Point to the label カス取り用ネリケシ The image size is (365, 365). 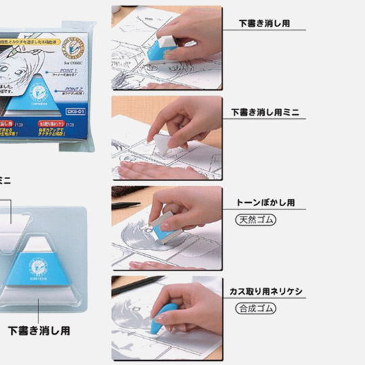[266, 293]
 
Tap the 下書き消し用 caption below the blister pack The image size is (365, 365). [39, 331]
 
